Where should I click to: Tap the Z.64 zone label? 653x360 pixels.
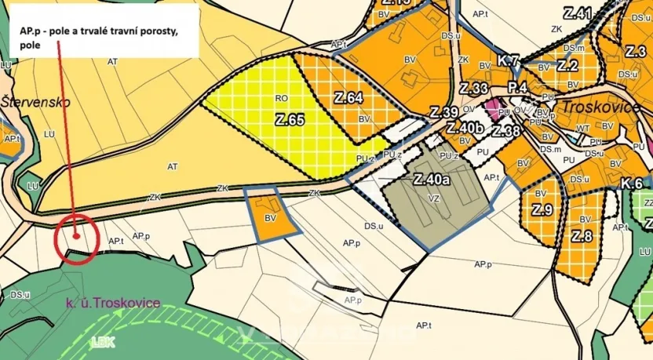[x=348, y=98]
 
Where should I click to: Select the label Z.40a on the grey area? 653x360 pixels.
[x=431, y=180]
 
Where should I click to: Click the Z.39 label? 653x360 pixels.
[x=444, y=112]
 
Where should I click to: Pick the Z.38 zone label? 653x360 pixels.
[x=506, y=131]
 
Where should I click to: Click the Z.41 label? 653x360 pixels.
[x=577, y=13]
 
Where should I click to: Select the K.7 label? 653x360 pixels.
[x=509, y=60]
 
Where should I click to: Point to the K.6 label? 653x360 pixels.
[x=632, y=184]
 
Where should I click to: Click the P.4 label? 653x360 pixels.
[x=517, y=87]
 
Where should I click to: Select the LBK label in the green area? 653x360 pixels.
[x=100, y=342]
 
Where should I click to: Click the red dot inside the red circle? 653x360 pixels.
[x=76, y=233]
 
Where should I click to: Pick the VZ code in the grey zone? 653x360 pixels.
[x=434, y=199]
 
